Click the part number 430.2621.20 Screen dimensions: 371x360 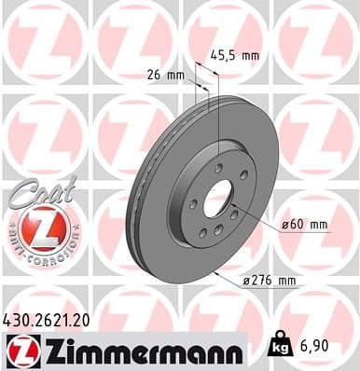[x=55, y=320]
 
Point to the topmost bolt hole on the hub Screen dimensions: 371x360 [x=216, y=168]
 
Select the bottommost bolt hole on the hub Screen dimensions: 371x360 [x=215, y=229]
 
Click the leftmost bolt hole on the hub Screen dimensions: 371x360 [x=192, y=203]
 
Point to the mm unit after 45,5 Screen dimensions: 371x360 [x=247, y=54]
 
